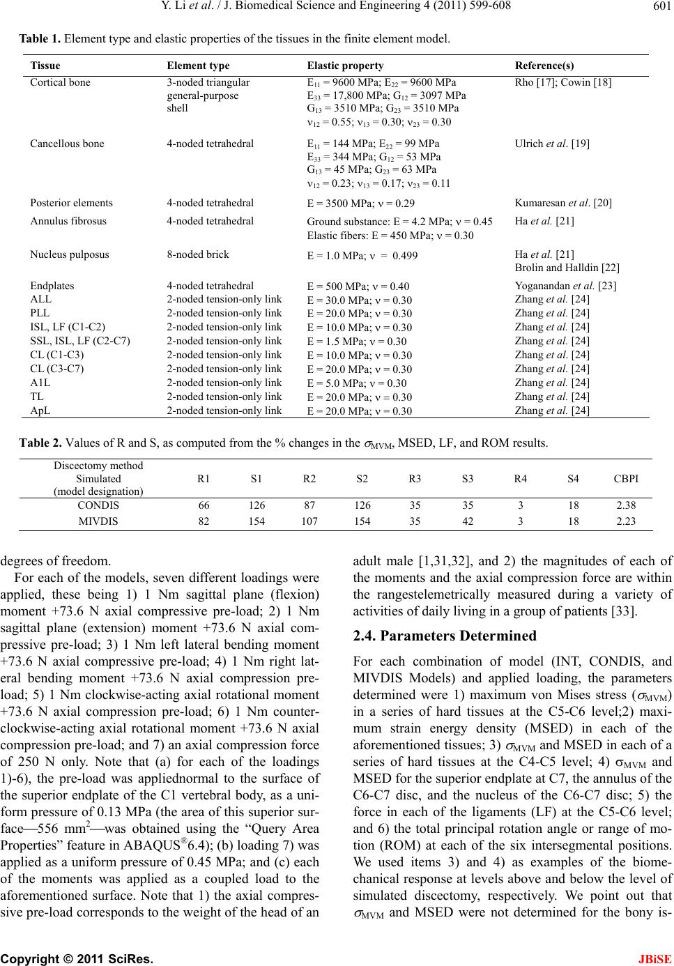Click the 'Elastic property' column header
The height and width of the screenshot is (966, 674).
[345, 66]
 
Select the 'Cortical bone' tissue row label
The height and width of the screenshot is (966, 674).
[60, 82]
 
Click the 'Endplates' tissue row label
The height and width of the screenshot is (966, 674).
[52, 285]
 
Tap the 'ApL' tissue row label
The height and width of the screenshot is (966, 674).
[40, 410]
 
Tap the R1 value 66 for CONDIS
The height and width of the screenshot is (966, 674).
[204, 505]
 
